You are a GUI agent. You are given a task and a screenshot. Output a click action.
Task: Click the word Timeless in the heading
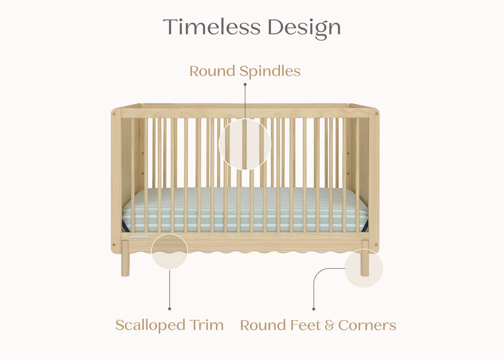point(212,27)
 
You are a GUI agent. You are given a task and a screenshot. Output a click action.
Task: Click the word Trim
point(207,325)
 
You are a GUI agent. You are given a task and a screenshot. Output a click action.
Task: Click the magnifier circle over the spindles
point(245,144)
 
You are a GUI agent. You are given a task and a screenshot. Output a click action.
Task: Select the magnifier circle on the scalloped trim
point(169,251)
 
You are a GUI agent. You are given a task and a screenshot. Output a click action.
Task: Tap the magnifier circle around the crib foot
point(364,269)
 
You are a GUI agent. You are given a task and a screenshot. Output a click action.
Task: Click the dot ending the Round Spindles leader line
point(245,84)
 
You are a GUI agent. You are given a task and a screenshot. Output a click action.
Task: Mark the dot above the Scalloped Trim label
point(169,308)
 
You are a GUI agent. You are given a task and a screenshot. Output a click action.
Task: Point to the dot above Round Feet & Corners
point(314,308)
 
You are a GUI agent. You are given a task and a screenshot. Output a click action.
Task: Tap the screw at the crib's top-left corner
point(115,113)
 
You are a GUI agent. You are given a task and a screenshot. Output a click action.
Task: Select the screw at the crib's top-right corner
point(375,113)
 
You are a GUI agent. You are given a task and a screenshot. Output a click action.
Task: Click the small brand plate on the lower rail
point(138,236)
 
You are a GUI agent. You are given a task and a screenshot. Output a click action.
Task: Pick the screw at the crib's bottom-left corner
point(115,244)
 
